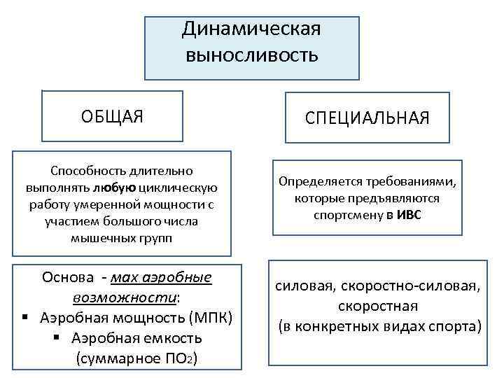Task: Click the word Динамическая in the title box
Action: point(251,29)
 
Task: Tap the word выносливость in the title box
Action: point(251,55)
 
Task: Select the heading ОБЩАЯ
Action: point(113,116)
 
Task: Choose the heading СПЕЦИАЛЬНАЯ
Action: point(367,116)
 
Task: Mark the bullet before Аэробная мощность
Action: point(24,318)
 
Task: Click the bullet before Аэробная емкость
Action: point(55,339)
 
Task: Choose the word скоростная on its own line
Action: point(377,306)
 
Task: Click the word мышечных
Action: point(96,239)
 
